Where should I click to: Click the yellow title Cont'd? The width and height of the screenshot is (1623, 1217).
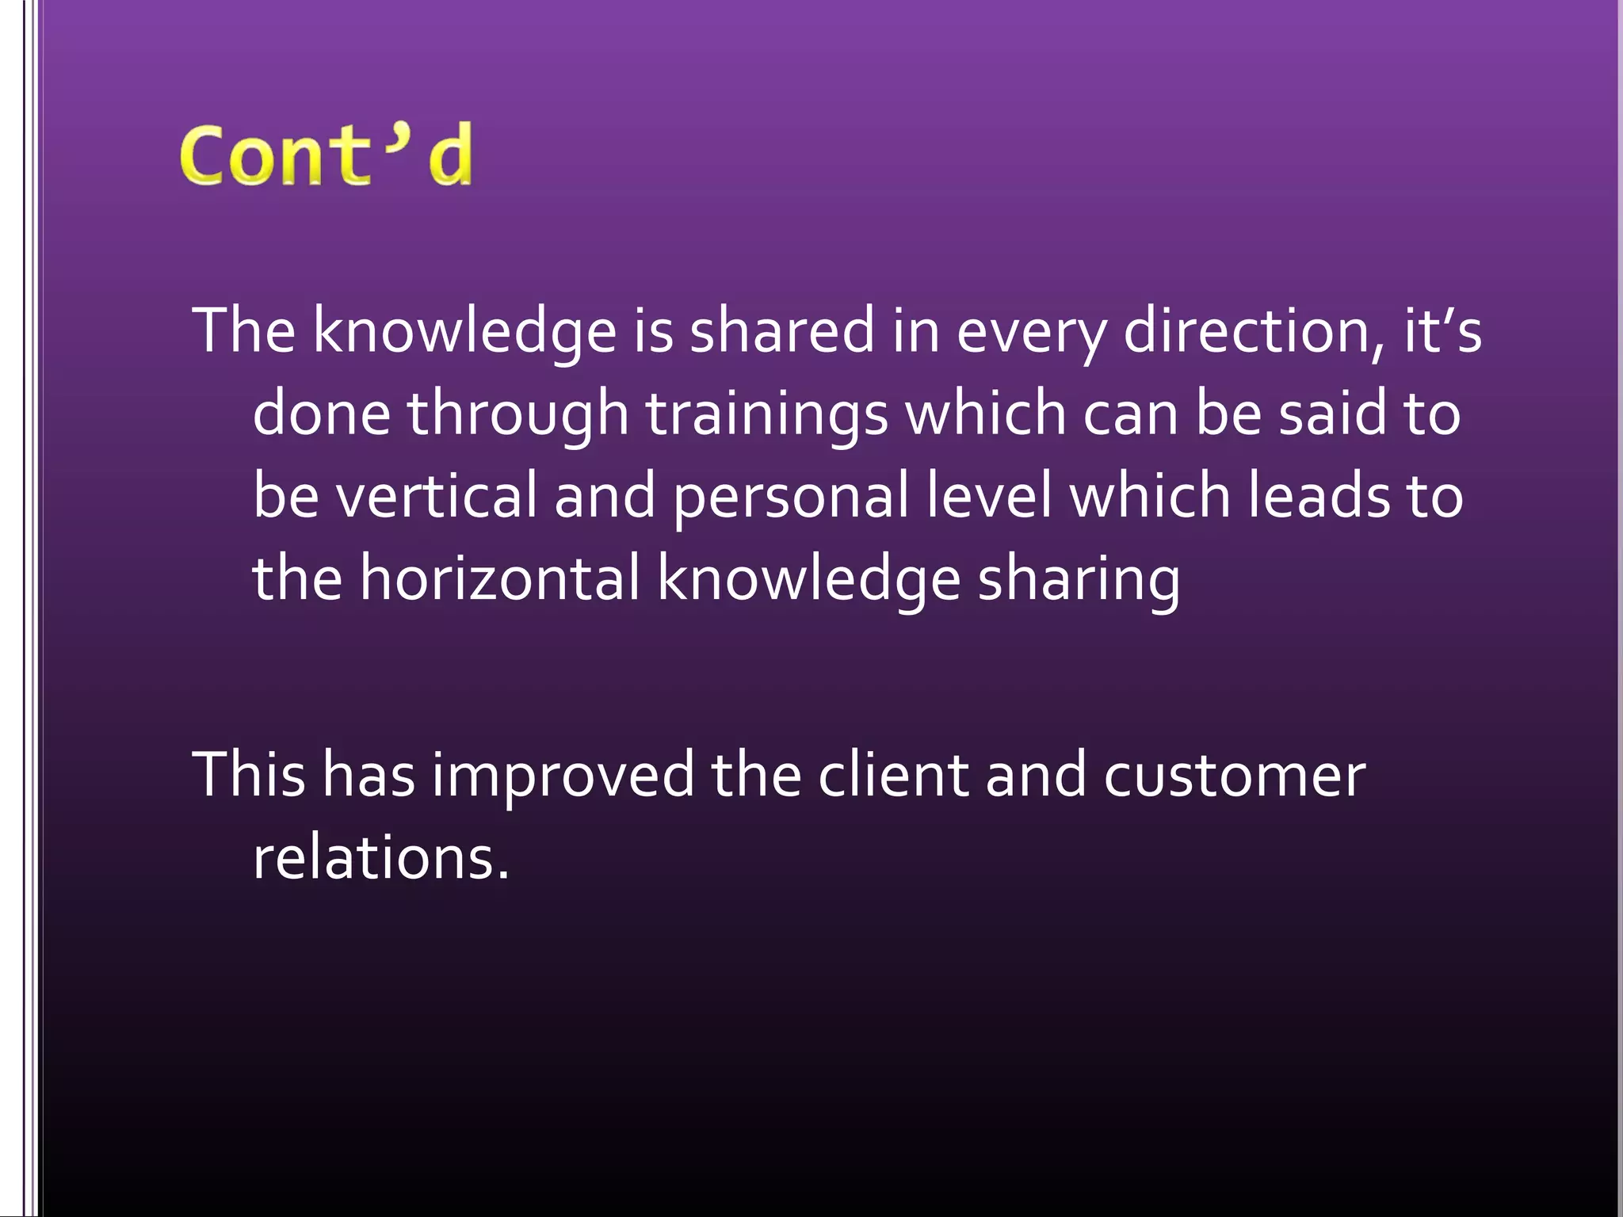pyautogui.click(x=326, y=155)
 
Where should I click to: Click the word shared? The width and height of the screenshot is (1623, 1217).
pyautogui.click(x=782, y=330)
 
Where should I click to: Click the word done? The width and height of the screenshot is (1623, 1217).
pyautogui.click(x=321, y=413)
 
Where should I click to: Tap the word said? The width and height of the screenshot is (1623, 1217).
pyautogui.click(x=1332, y=413)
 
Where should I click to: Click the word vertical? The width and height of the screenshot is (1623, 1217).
pyautogui.click(x=437, y=495)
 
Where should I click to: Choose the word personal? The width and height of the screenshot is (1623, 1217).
pyautogui.click(x=791, y=495)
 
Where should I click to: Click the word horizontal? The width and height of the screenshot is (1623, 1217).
pyautogui.click(x=500, y=578)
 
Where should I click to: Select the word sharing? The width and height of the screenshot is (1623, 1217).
pyautogui.click(x=1079, y=579)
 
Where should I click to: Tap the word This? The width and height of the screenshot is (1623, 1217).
pyautogui.click(x=249, y=774)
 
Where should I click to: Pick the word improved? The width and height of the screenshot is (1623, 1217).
pyautogui.click(x=563, y=774)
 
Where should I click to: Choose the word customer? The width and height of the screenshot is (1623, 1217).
pyautogui.click(x=1235, y=774)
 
